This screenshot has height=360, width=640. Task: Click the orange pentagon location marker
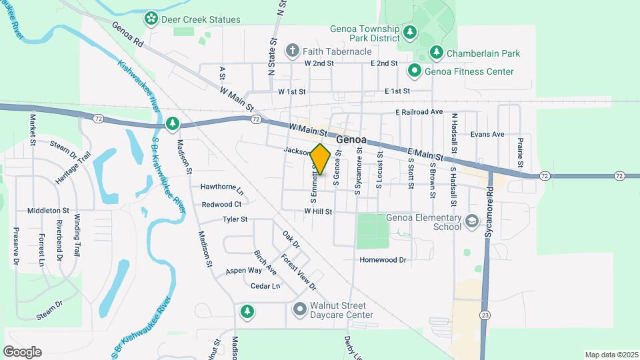[x=321, y=160]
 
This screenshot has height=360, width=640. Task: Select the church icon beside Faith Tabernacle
[x=292, y=51]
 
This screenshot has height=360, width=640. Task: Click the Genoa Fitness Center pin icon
[x=414, y=71]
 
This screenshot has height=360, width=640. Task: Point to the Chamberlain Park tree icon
[x=436, y=53]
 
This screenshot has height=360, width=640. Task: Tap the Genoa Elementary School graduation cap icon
[x=472, y=221]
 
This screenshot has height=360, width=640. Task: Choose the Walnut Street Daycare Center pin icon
[x=300, y=310]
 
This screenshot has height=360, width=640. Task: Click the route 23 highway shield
[x=482, y=313]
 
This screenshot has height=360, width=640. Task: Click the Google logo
[x=22, y=351]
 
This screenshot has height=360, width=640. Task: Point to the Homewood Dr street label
[x=383, y=260]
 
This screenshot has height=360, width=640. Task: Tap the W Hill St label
[x=318, y=211]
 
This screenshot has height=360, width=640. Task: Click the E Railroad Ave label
[x=419, y=112]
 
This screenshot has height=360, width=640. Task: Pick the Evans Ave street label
[x=487, y=134]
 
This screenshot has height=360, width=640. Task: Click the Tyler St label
[x=235, y=219]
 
